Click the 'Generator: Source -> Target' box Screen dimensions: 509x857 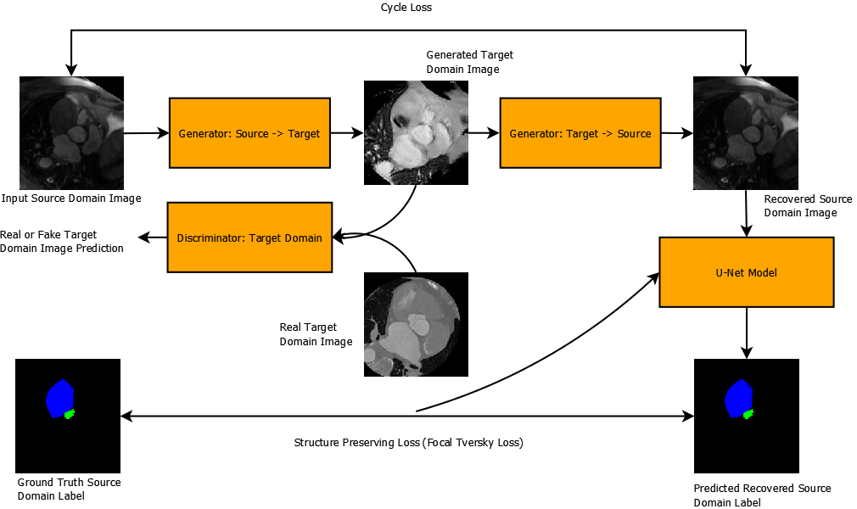pos(249,133)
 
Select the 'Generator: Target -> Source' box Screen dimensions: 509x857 pos(580,133)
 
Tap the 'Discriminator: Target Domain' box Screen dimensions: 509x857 pos(249,238)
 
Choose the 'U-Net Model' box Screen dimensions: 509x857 pos(746,272)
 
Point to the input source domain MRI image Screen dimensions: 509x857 pos(71,133)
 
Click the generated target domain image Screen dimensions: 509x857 pos(415,133)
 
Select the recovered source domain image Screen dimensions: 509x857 pos(745,133)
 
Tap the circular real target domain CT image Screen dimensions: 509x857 pos(416,325)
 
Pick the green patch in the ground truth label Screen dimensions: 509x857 pos(70,414)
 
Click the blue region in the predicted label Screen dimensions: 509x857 pos(738,396)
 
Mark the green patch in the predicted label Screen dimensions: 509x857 pos(748,414)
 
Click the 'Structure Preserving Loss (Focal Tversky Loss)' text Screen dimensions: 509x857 pos(408,443)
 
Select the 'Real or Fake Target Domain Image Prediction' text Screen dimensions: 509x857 pos(61,241)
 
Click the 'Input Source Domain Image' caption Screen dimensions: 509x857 pos(71,199)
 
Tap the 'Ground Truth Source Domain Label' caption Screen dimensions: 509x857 pos(69,489)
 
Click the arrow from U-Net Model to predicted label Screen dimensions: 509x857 pos(747,333)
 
